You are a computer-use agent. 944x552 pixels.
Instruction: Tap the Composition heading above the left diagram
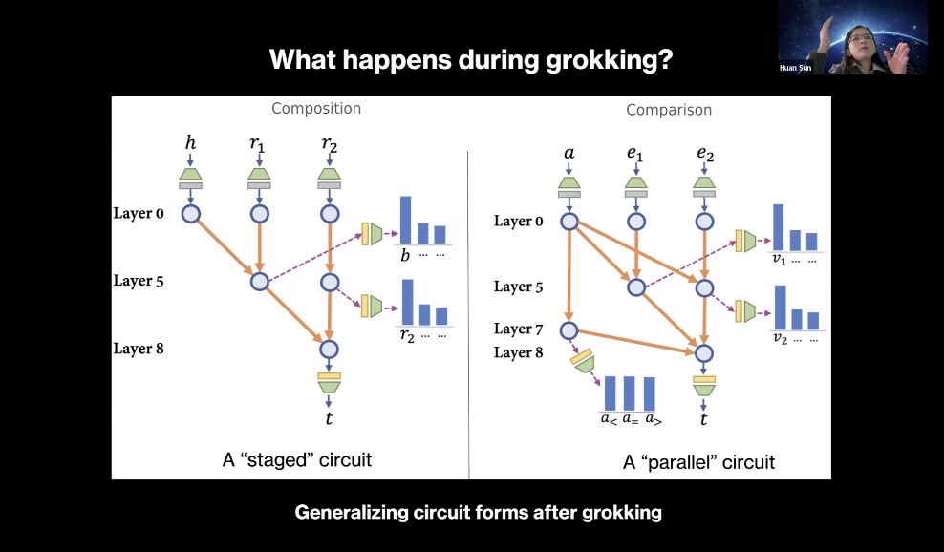click(x=316, y=108)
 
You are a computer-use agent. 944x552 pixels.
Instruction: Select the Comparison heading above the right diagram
click(x=669, y=110)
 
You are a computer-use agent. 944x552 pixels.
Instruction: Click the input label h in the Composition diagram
click(x=190, y=143)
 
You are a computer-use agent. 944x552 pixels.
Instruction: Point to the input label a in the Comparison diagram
click(x=569, y=152)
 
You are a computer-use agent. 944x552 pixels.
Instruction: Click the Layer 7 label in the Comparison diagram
click(x=518, y=329)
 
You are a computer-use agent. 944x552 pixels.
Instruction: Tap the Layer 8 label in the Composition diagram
click(x=139, y=349)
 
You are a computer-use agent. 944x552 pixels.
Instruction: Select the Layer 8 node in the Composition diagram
click(x=330, y=350)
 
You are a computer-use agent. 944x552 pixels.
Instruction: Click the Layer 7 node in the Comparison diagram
click(x=569, y=330)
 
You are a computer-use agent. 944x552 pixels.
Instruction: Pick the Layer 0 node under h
click(x=190, y=213)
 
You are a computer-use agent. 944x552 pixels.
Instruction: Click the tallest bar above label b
click(x=405, y=220)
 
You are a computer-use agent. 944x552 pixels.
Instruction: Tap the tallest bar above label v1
click(x=778, y=226)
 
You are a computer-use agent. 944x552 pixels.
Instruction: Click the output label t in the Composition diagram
click(x=330, y=417)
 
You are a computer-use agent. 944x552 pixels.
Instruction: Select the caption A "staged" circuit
click(x=296, y=460)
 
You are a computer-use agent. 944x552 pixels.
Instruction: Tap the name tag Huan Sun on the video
click(x=796, y=68)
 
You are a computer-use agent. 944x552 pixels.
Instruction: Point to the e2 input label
click(x=705, y=153)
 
